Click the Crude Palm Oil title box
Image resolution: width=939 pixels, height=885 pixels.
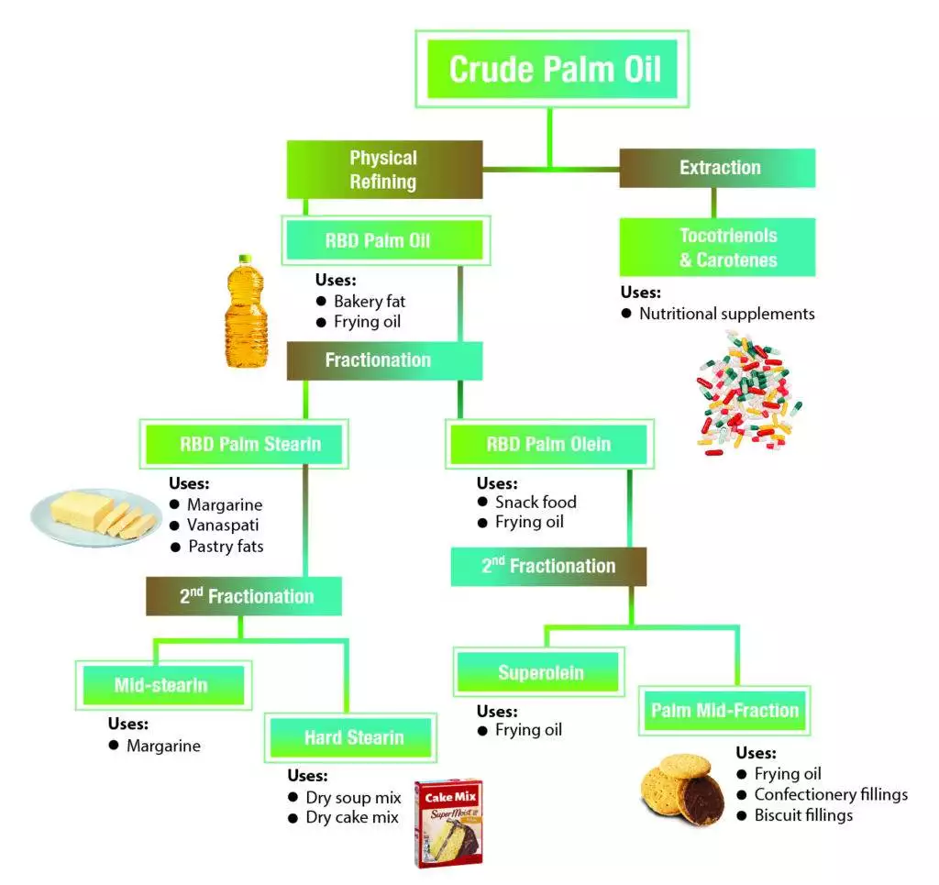coord(554,69)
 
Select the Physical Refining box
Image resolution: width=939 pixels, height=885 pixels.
coord(384,170)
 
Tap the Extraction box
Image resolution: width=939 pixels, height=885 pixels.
coord(718,168)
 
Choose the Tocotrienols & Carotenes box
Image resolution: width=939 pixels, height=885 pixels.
coord(718,248)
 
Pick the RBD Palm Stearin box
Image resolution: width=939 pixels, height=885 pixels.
coord(245,444)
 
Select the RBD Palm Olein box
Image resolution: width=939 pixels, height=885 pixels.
coord(548,444)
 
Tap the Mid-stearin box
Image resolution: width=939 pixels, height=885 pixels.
coord(161,685)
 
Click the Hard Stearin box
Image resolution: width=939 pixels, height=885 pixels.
coord(353,737)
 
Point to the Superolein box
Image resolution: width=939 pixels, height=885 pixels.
coord(540,672)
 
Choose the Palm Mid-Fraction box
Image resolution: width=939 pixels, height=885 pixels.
coord(724,710)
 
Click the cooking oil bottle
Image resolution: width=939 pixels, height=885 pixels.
coord(245,312)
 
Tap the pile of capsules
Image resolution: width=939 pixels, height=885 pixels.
coord(747,394)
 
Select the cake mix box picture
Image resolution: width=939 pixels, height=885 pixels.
coord(447,823)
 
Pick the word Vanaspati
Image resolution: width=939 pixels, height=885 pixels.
coord(224,525)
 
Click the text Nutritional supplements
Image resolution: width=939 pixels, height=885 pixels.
coord(726,314)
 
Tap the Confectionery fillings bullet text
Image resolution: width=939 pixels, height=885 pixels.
coord(830,794)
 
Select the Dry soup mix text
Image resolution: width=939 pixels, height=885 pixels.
coord(353,797)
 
